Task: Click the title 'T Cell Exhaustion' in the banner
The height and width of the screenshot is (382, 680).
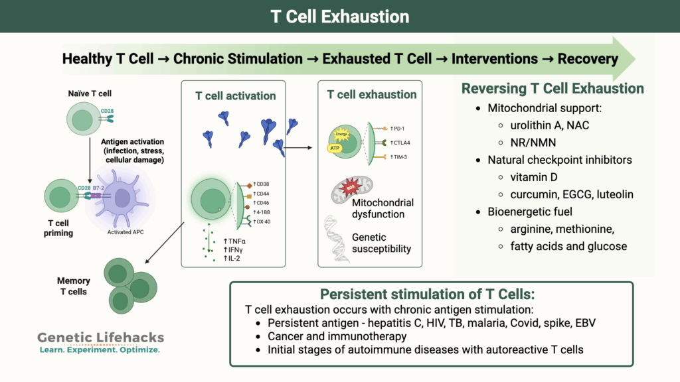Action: tap(339, 16)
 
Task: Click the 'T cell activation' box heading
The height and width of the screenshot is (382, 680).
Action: tap(235, 95)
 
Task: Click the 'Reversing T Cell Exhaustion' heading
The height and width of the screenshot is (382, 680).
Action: tap(552, 88)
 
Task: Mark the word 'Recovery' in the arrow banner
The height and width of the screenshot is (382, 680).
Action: tap(588, 58)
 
